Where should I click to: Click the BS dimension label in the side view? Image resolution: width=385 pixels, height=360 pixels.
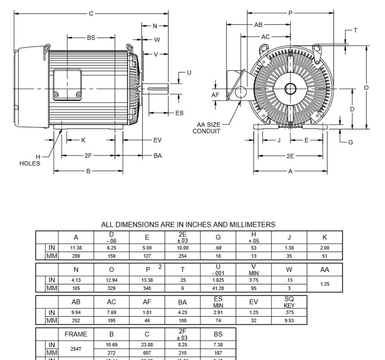[x=91, y=38]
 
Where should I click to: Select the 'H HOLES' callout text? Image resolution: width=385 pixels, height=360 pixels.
[x=30, y=160]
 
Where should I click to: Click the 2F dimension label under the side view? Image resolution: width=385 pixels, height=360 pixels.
[x=88, y=155]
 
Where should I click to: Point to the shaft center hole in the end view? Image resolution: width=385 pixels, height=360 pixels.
[x=290, y=89]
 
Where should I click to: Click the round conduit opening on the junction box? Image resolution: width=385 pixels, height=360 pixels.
[x=241, y=91]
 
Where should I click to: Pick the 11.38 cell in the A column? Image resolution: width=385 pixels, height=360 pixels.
[x=76, y=248]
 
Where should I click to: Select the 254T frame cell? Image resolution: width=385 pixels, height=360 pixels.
[x=76, y=349]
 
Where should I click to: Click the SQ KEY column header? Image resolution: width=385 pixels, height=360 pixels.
[x=289, y=302]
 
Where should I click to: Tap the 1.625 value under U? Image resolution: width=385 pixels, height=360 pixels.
[x=218, y=280]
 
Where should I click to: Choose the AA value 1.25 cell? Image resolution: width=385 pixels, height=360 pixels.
[x=325, y=284]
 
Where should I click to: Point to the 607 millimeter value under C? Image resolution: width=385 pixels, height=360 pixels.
[x=147, y=353]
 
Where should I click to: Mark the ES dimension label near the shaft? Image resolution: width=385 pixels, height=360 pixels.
[x=179, y=113]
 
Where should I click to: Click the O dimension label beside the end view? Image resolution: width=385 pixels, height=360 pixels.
[x=366, y=88]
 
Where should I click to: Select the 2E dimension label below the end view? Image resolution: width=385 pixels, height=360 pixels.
[x=290, y=156]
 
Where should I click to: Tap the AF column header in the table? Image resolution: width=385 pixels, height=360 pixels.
[x=147, y=302]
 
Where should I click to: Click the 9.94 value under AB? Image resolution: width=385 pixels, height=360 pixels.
[x=76, y=312]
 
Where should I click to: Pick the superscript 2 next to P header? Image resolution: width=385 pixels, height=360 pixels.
[x=160, y=267]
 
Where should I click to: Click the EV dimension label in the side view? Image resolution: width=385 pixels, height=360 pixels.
[x=157, y=140]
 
